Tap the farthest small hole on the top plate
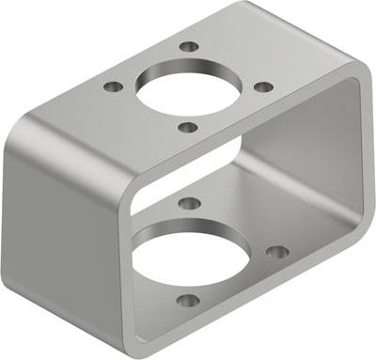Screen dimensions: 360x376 pyautogui.click(x=190, y=46)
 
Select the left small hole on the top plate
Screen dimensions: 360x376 pyautogui.click(x=114, y=86)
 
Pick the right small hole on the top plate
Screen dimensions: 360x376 pyautogui.click(x=264, y=86)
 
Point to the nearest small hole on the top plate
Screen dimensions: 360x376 pyautogui.click(x=187, y=127)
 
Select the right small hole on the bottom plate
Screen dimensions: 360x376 pyautogui.click(x=276, y=252)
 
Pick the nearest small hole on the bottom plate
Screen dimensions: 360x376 pyautogui.click(x=188, y=301)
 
